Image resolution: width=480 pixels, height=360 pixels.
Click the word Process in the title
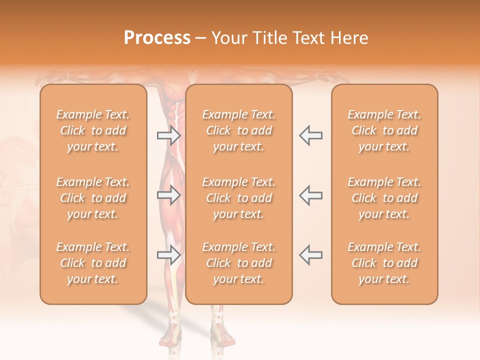[x=157, y=38]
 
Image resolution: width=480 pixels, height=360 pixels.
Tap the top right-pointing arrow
[x=168, y=135]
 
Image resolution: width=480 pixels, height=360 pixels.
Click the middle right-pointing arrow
[x=168, y=195]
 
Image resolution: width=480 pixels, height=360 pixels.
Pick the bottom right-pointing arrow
[x=168, y=255]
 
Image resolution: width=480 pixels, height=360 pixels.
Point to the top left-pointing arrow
[x=310, y=135]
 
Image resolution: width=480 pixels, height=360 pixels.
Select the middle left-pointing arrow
[x=310, y=195]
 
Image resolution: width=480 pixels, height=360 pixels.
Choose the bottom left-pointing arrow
[x=310, y=255]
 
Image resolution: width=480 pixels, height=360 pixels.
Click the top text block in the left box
[x=93, y=130]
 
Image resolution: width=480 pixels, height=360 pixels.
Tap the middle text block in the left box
[x=93, y=198]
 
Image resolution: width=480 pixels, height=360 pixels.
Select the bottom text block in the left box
[x=93, y=263]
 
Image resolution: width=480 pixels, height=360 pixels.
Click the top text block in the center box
[x=239, y=130]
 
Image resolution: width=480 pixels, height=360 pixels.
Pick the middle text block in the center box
[x=239, y=198]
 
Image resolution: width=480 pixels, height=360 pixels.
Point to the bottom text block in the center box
[x=239, y=263]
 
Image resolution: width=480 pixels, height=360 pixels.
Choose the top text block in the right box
[x=384, y=130]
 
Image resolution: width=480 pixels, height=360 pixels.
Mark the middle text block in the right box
[x=384, y=198]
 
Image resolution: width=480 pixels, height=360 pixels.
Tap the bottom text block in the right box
[x=384, y=263]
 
